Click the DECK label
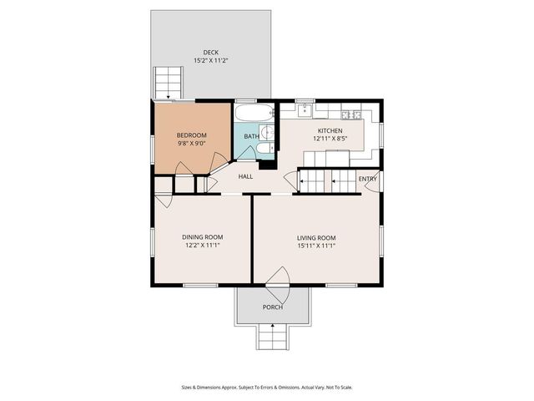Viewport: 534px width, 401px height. (x=210, y=52)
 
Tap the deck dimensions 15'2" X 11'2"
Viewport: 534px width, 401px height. (x=210, y=60)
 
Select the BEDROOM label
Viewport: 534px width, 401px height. (x=191, y=135)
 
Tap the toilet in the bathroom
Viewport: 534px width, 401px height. (x=263, y=150)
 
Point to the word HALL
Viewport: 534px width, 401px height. (x=245, y=176)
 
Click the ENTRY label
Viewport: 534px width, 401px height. (x=367, y=179)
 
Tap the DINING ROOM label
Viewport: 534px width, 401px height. (x=202, y=237)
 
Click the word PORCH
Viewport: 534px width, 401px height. (x=272, y=307)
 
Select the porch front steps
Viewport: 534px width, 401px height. (x=272, y=337)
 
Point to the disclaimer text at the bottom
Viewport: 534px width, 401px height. (x=267, y=387)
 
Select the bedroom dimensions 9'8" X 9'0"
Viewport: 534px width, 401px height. (x=191, y=143)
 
